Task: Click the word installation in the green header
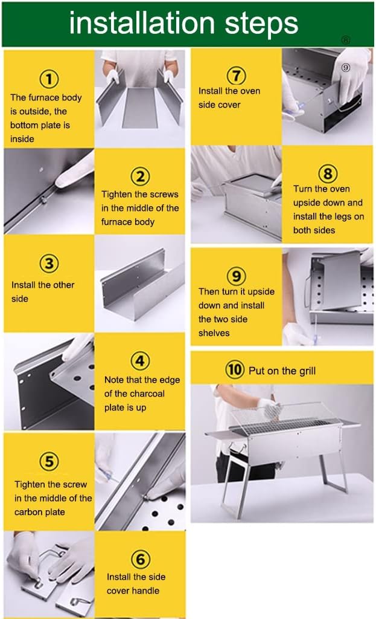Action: pos(142,23)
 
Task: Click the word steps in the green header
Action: pos(261,24)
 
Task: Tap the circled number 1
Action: pos(49,79)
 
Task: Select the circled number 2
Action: pos(140,177)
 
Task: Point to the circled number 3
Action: pos(49,264)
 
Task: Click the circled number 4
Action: pos(140,361)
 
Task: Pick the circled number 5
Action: pos(49,461)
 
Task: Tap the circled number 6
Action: pos(140,559)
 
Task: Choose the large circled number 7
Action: pos(237,76)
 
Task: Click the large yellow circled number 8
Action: pos(328,173)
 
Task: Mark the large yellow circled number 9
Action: pos(237,276)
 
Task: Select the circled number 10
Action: pos(235,370)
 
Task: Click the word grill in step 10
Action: pos(307,371)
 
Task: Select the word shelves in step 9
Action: pos(214,333)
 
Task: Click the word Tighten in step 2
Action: pos(117,195)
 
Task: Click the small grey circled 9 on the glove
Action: pos(346,68)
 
